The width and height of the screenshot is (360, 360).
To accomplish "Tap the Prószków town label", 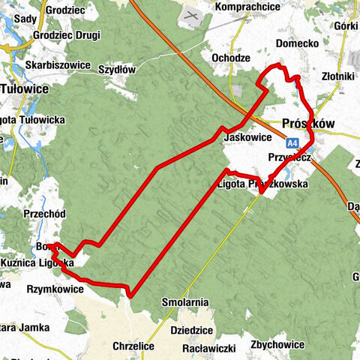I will [x=307, y=123].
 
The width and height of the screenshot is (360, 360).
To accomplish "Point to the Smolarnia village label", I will [x=184, y=302].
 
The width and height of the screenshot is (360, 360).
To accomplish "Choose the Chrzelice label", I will [x=133, y=346].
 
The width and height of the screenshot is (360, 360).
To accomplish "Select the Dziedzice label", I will [x=193, y=328].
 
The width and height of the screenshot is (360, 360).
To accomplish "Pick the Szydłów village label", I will [x=116, y=69].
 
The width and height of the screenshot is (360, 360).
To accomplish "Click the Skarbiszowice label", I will [x=58, y=64].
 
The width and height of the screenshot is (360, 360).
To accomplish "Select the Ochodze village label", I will [x=230, y=58].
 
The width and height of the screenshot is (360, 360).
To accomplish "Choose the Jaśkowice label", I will [x=246, y=137].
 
